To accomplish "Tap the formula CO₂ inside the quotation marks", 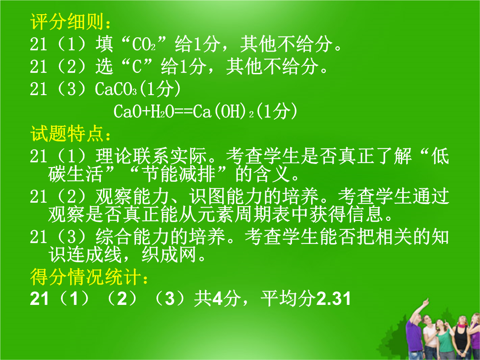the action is (x=144, y=44).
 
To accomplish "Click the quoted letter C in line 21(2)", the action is (x=137, y=67).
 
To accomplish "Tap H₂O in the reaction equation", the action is (x=158, y=112).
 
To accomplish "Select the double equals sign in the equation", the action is (x=184, y=112).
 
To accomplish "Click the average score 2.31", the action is (x=333, y=299).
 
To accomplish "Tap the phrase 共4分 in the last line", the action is (x=217, y=299).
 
